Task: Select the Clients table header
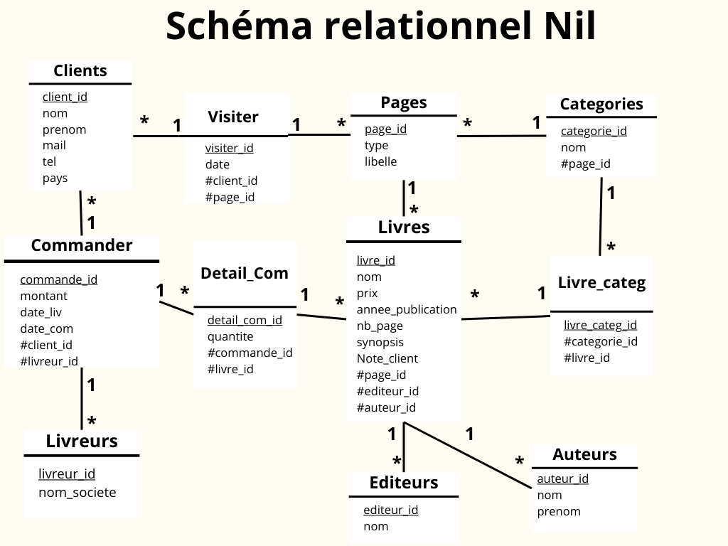tap(80, 70)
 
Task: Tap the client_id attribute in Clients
tap(65, 97)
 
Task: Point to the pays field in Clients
tap(55, 178)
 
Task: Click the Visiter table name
tap(233, 117)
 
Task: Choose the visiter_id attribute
tap(229, 148)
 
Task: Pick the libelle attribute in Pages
tap(380, 161)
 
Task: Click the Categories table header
tap(601, 104)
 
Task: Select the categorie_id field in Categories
tap(594, 131)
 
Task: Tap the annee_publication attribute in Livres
tap(407, 309)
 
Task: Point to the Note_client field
tap(387, 358)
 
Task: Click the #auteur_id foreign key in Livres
tap(386, 407)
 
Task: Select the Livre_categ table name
tap(601, 282)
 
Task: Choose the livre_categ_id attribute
tap(600, 325)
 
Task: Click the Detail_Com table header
tap(245, 273)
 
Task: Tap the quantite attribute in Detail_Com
tap(230, 336)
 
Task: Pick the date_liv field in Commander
tap(41, 312)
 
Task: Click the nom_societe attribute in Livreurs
tap(77, 492)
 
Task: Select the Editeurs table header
tap(404, 483)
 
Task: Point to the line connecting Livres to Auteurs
tap(469, 455)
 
